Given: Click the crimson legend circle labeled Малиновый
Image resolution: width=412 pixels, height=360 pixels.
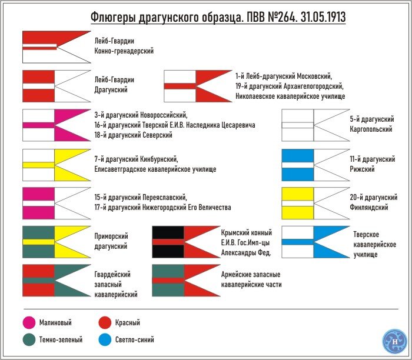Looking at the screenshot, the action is [29, 322].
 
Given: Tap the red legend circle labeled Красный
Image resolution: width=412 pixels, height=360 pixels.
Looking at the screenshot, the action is [105, 322].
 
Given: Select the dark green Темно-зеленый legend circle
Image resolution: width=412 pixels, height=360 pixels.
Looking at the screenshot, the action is [29, 339].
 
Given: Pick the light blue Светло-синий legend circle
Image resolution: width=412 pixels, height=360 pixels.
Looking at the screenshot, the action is [105, 339].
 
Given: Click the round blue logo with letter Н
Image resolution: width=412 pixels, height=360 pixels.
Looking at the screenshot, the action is [394, 341].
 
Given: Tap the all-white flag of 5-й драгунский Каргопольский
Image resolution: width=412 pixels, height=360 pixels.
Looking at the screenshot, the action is [316, 125].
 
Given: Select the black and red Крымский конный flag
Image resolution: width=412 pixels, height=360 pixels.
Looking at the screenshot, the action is [187, 242].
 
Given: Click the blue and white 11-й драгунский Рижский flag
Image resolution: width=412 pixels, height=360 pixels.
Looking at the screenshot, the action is [316, 165].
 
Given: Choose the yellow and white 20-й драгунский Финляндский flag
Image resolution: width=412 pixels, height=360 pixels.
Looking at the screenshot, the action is [316, 204].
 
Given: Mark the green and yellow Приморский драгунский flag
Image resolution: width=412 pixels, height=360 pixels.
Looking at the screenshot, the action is [57, 242].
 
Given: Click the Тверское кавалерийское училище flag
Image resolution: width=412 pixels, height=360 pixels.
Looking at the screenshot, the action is [316, 242].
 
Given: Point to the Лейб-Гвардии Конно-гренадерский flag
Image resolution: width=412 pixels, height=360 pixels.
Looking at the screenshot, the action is [57, 47].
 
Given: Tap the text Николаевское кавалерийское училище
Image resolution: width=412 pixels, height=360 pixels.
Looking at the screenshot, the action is [290, 96].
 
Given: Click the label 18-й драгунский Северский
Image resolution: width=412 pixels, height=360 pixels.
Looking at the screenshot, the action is [133, 135].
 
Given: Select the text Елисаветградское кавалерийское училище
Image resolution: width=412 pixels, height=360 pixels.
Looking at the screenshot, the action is [155, 169].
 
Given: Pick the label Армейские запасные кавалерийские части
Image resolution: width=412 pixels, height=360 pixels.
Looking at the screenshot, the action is [251, 279].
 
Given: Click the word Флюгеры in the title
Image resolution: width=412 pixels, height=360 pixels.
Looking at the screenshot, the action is [114, 18].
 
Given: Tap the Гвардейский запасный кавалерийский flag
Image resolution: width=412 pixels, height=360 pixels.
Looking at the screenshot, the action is [57, 281].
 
